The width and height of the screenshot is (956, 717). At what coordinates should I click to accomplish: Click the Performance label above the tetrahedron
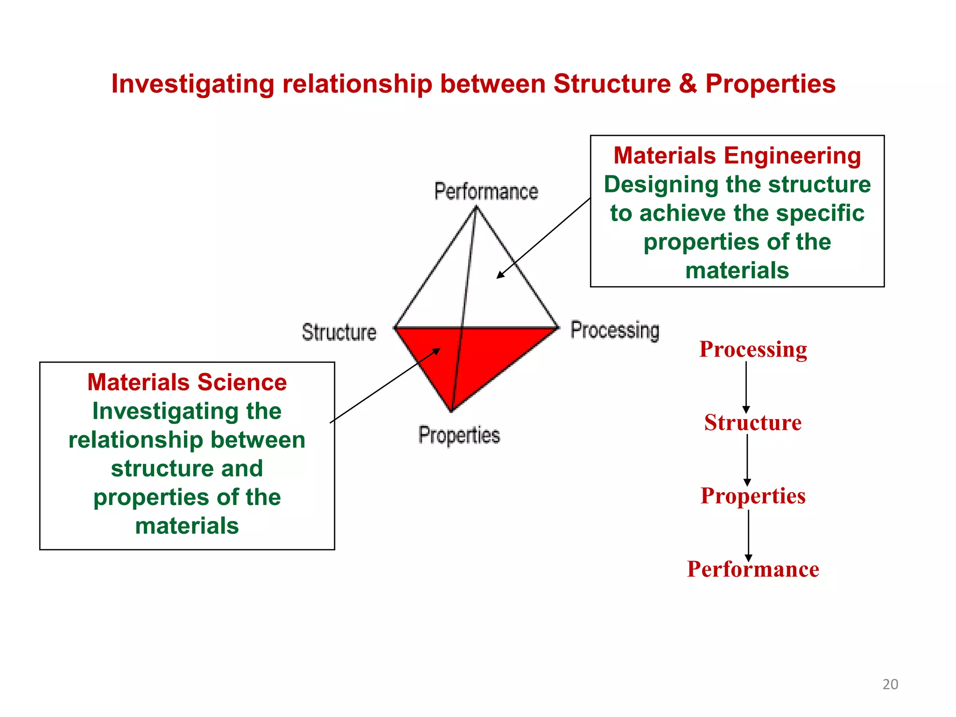[486, 191]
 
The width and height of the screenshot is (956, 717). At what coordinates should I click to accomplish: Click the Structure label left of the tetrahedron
[339, 332]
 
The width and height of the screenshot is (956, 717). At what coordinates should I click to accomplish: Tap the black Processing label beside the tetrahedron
[615, 330]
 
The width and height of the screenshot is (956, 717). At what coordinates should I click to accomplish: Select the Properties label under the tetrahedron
[459, 435]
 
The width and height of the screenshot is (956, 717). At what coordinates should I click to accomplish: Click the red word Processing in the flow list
[753, 349]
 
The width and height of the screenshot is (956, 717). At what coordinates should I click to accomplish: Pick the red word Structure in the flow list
[753, 422]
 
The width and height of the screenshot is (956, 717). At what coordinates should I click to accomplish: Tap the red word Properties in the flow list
[753, 496]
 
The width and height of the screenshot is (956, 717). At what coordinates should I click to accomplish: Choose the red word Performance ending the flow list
[753, 569]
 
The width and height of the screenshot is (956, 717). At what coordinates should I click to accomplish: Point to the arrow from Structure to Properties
[747, 460]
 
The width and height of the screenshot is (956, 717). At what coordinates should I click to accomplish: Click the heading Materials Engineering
[737, 155]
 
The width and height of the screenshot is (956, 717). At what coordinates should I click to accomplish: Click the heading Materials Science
[187, 382]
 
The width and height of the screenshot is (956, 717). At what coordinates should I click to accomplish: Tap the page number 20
[890, 684]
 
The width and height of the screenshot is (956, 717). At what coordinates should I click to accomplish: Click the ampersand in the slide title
[688, 84]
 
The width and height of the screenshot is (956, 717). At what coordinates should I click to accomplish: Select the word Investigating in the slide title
[192, 84]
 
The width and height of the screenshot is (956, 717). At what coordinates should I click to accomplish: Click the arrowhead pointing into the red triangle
[436, 351]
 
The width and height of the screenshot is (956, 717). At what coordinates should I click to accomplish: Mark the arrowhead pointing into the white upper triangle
[500, 275]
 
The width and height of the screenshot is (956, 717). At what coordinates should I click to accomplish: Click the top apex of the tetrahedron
[476, 207]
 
